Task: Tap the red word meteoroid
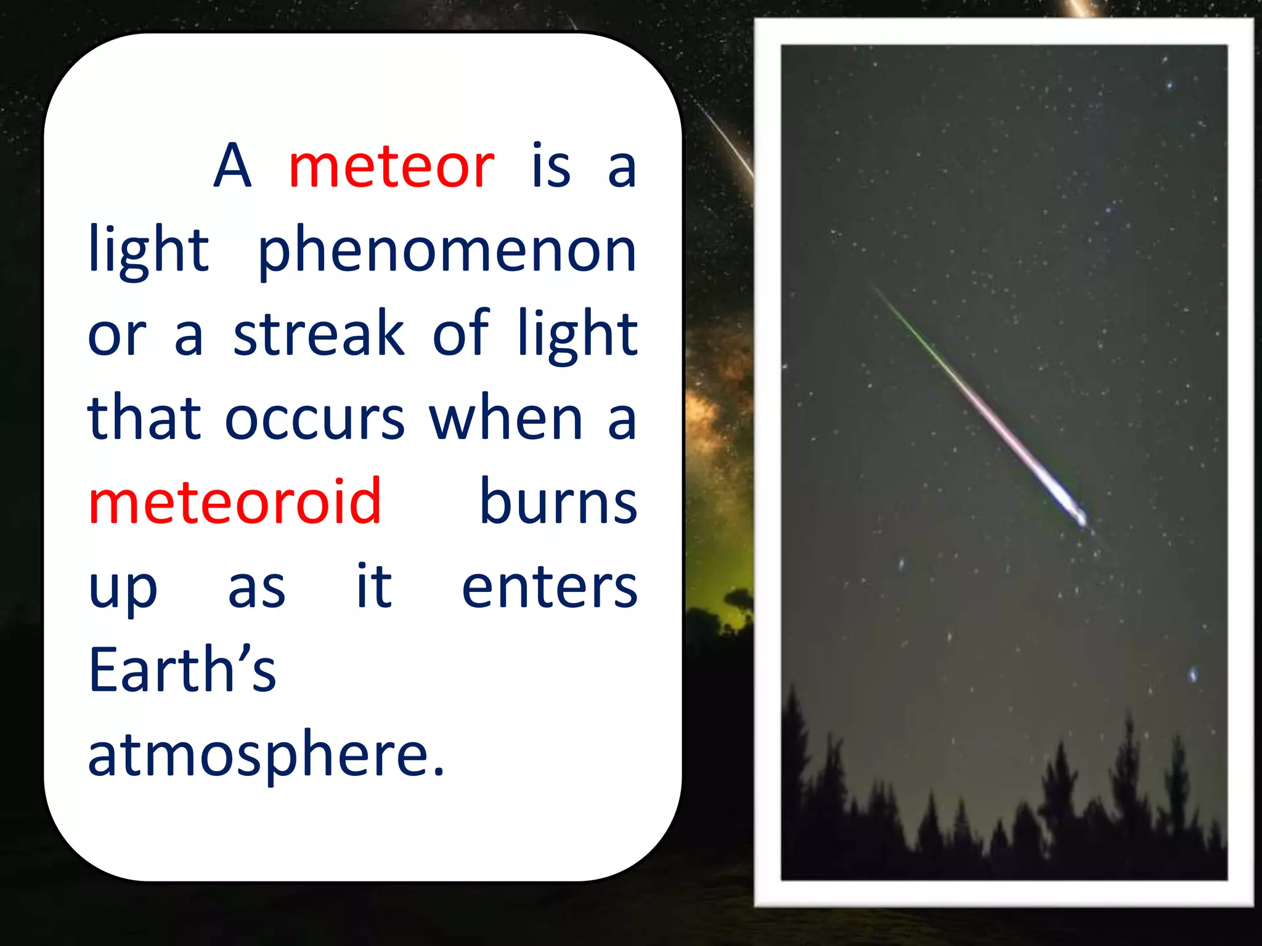click(x=235, y=502)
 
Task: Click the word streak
click(x=319, y=334)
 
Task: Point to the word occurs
click(x=315, y=419)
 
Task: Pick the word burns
click(x=558, y=502)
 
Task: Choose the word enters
click(x=549, y=587)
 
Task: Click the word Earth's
click(x=182, y=670)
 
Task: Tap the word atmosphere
click(x=259, y=754)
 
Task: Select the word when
click(x=506, y=419)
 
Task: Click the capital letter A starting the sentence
click(x=232, y=166)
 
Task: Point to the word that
click(x=144, y=419)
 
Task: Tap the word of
click(x=461, y=334)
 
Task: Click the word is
click(x=551, y=166)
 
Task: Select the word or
click(x=117, y=338)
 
